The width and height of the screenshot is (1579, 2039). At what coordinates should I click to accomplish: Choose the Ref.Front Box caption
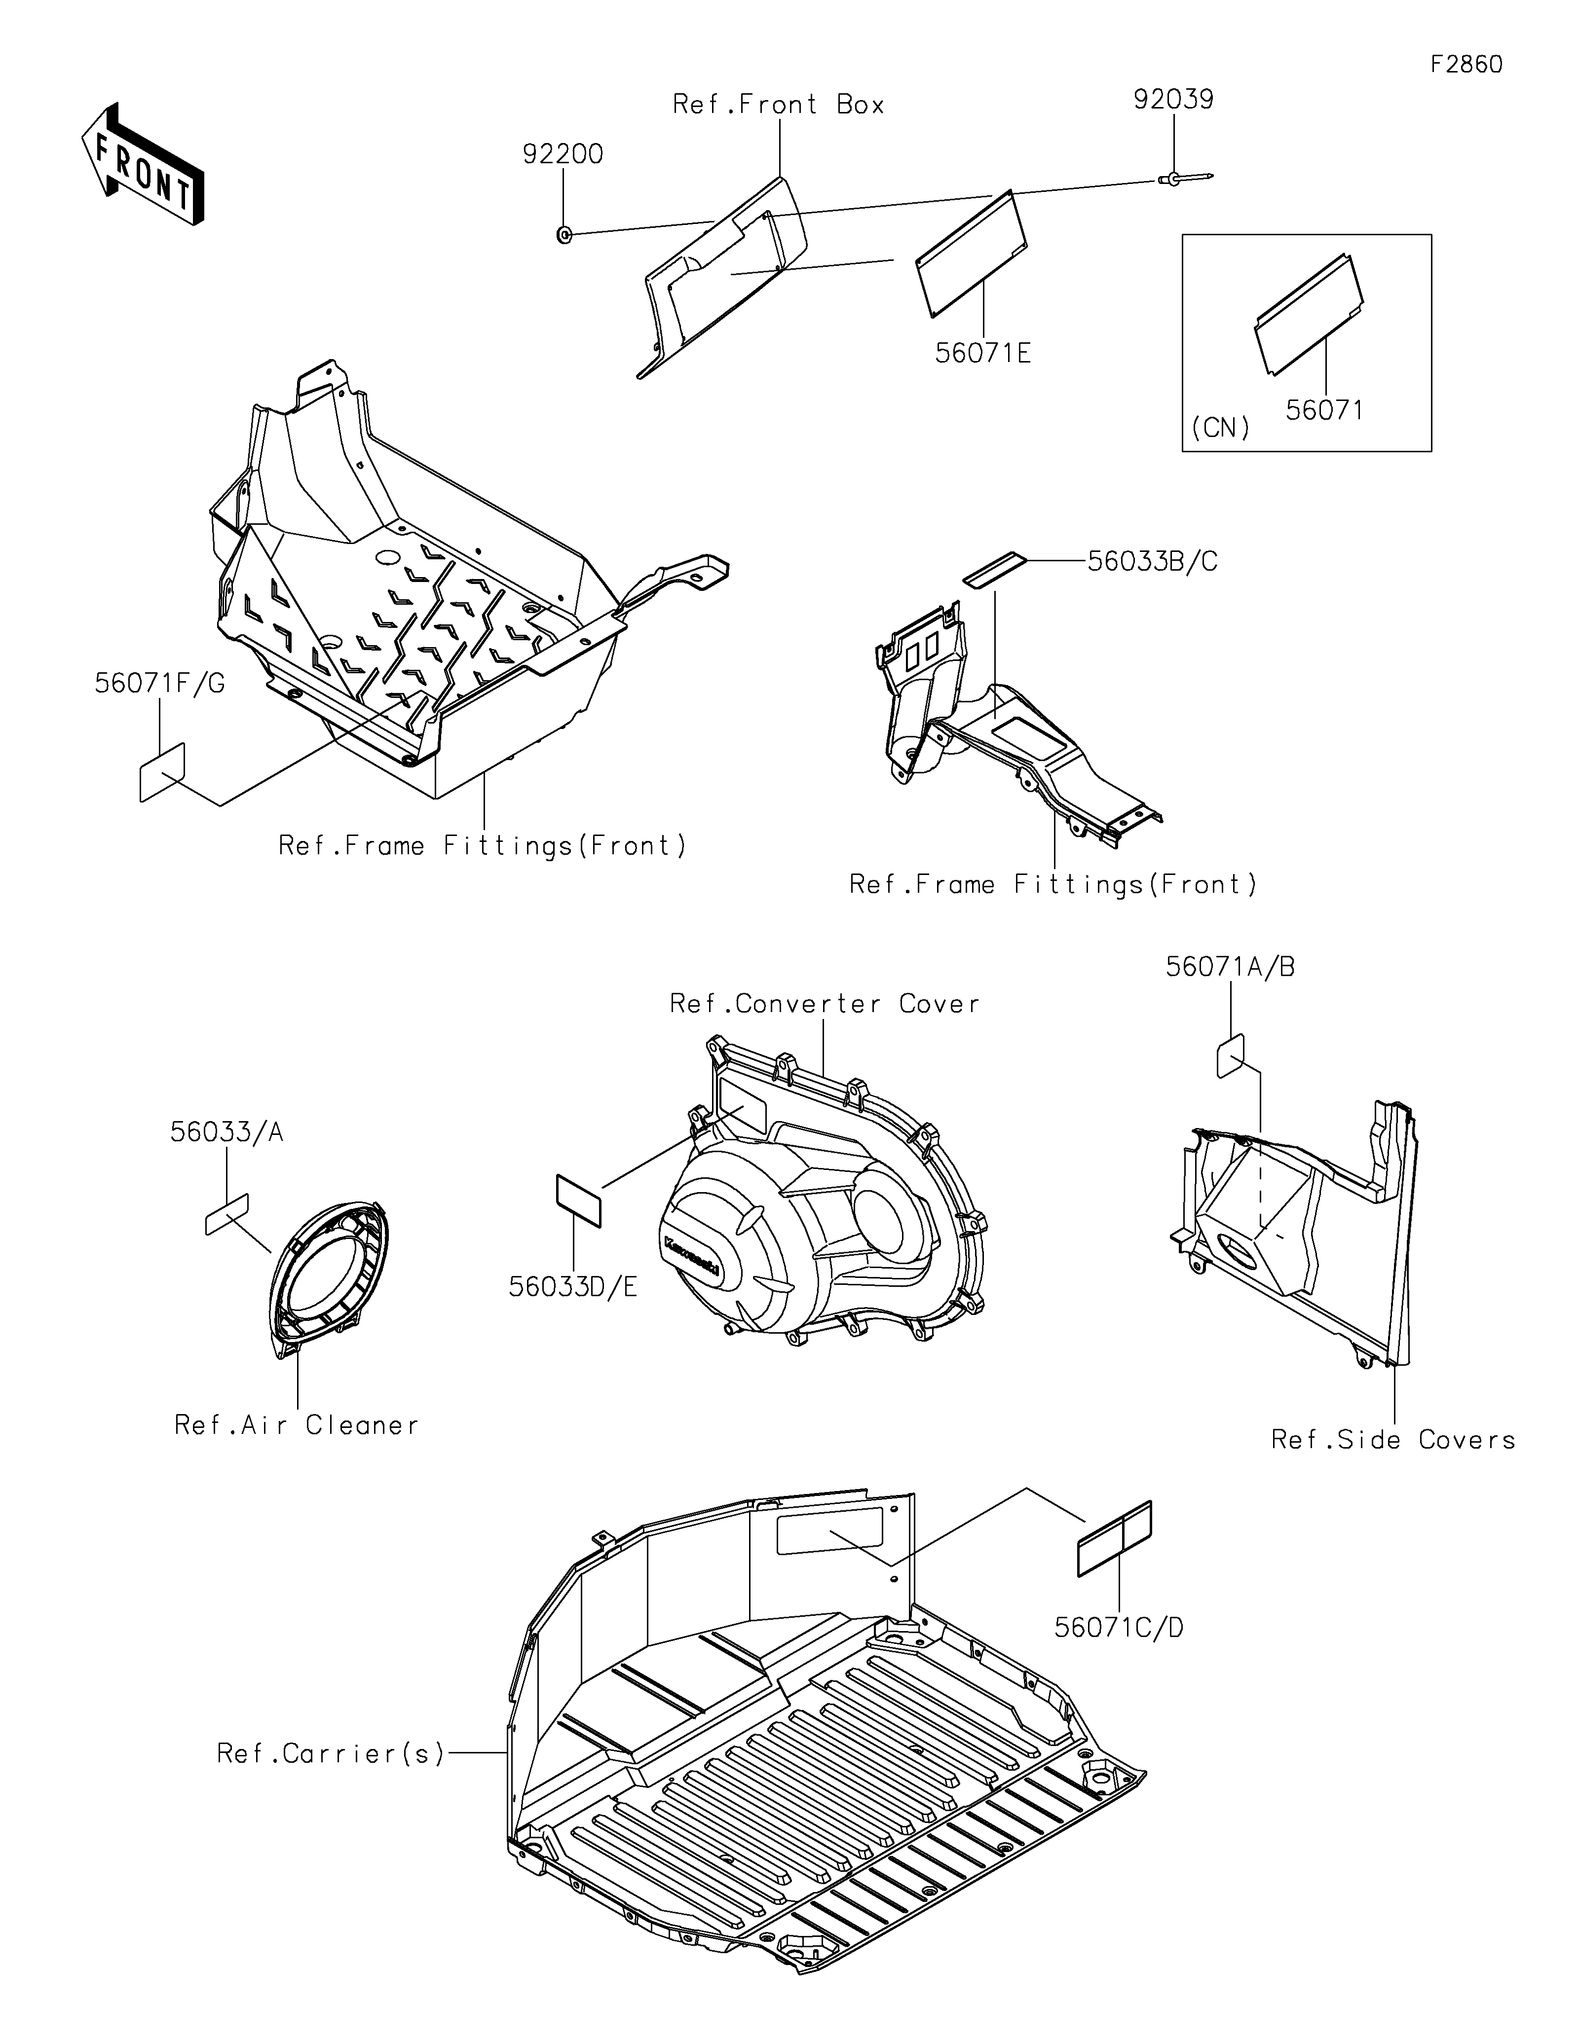pyautogui.click(x=778, y=105)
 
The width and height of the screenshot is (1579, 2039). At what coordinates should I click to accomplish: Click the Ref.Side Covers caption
pyautogui.click(x=1392, y=1440)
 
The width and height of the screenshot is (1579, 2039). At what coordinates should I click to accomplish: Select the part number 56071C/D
pyautogui.click(x=1119, y=1628)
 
